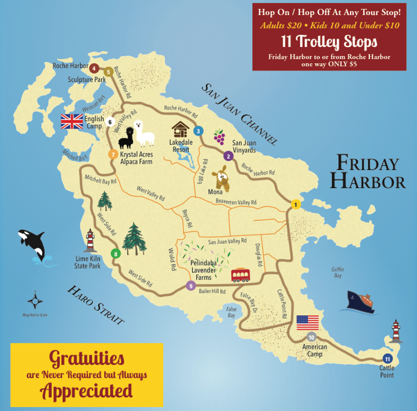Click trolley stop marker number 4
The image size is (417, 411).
pos(94,68)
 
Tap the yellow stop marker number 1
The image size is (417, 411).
pos(296,205)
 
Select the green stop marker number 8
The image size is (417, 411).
pos(115,253)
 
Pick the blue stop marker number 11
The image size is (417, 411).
pos(388,359)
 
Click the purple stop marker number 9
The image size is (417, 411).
pos(191,286)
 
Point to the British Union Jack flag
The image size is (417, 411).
pos(72,122)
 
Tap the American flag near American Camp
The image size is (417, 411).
pos(307,322)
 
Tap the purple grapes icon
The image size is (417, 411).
pos(219,137)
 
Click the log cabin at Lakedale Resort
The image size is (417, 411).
pos(181,129)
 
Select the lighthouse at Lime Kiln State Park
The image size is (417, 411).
pos(91,240)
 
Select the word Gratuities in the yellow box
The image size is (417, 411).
pos(87,357)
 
